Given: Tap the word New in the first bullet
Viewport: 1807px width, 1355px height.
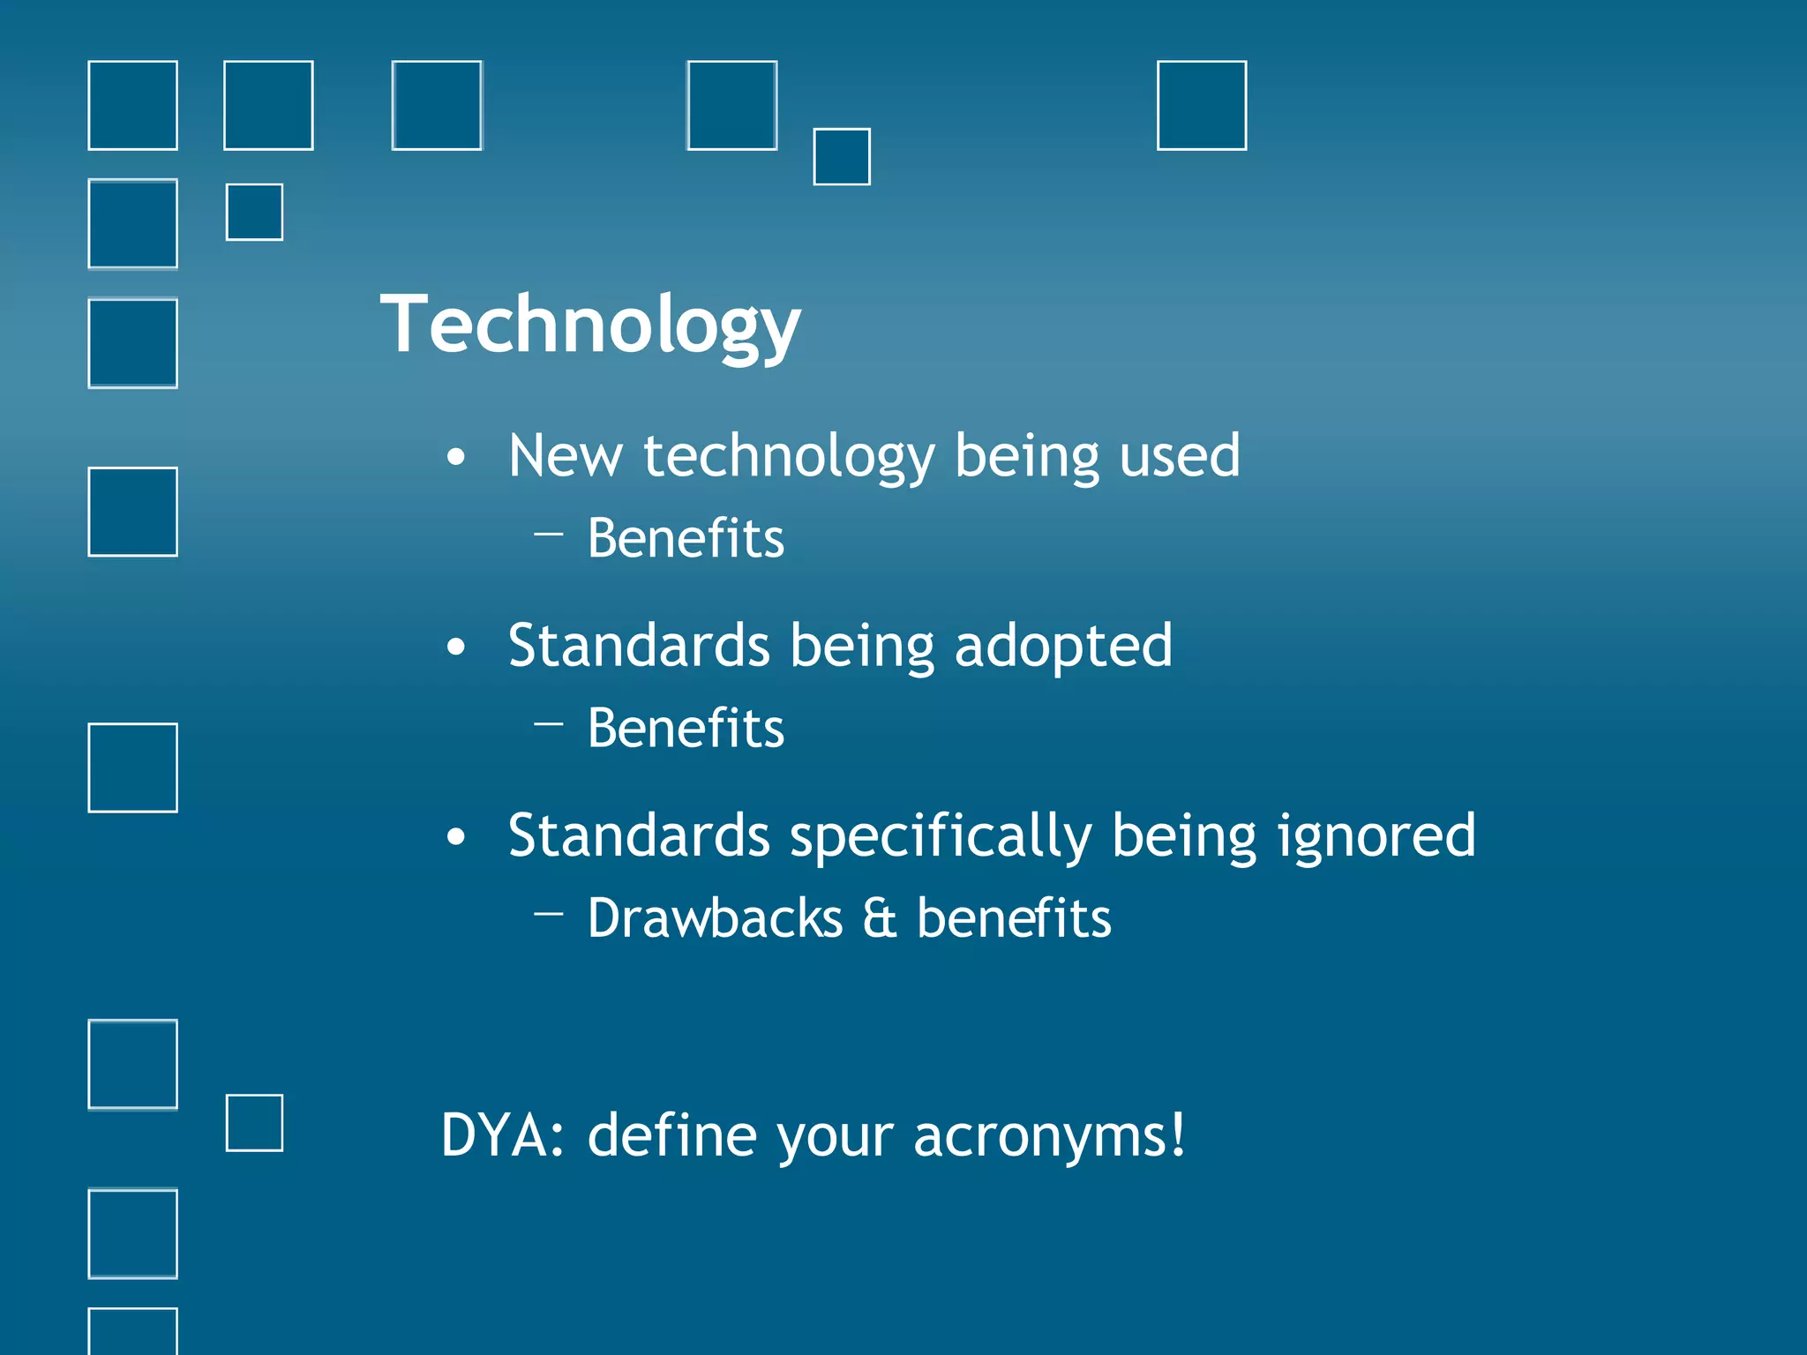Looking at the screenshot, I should tap(565, 456).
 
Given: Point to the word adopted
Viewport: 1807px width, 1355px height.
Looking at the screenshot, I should tap(1063, 647).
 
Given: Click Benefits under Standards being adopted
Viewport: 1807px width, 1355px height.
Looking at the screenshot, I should tap(686, 729).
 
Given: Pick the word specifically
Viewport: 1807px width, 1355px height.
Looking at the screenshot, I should tap(941, 836).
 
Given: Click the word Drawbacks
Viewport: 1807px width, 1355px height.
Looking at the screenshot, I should tap(715, 918).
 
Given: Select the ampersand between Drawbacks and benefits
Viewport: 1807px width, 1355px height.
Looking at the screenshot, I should tap(879, 918).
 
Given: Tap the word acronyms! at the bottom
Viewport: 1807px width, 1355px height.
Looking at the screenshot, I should tap(1049, 1135).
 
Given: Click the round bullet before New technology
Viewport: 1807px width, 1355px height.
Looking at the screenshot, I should tap(455, 457).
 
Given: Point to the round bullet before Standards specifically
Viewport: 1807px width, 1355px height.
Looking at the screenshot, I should tap(455, 837).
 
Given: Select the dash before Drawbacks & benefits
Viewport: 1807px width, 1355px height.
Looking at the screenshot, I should tap(549, 914).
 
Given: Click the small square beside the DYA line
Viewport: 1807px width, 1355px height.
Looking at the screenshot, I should tap(254, 1123).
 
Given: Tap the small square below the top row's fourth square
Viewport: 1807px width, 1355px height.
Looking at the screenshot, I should tap(841, 157).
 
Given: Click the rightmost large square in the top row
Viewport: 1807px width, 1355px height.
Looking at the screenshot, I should tap(1201, 106).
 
